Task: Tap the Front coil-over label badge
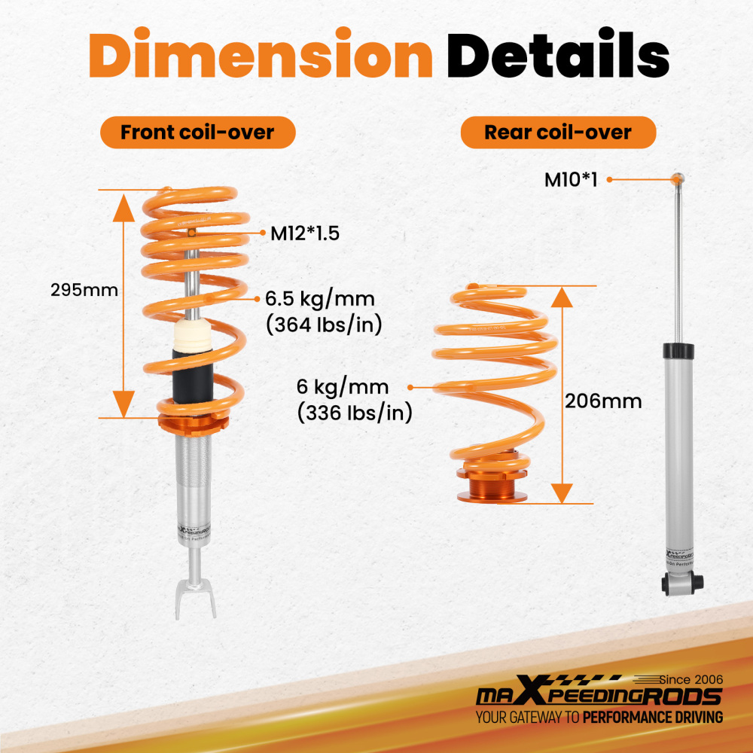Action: pyautogui.click(x=197, y=133)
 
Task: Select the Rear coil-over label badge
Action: pyautogui.click(x=558, y=133)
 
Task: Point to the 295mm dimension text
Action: pyautogui.click(x=84, y=290)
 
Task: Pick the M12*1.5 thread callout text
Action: pyautogui.click(x=305, y=233)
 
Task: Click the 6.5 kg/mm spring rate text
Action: pyautogui.click(x=319, y=299)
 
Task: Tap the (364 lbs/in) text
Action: pyautogui.click(x=325, y=325)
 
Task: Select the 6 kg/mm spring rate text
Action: pyautogui.click(x=343, y=388)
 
